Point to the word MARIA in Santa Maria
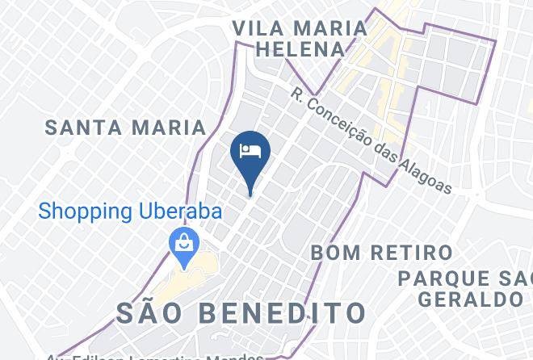[x=170, y=127]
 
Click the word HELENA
[x=300, y=49]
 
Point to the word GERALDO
[x=469, y=299]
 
